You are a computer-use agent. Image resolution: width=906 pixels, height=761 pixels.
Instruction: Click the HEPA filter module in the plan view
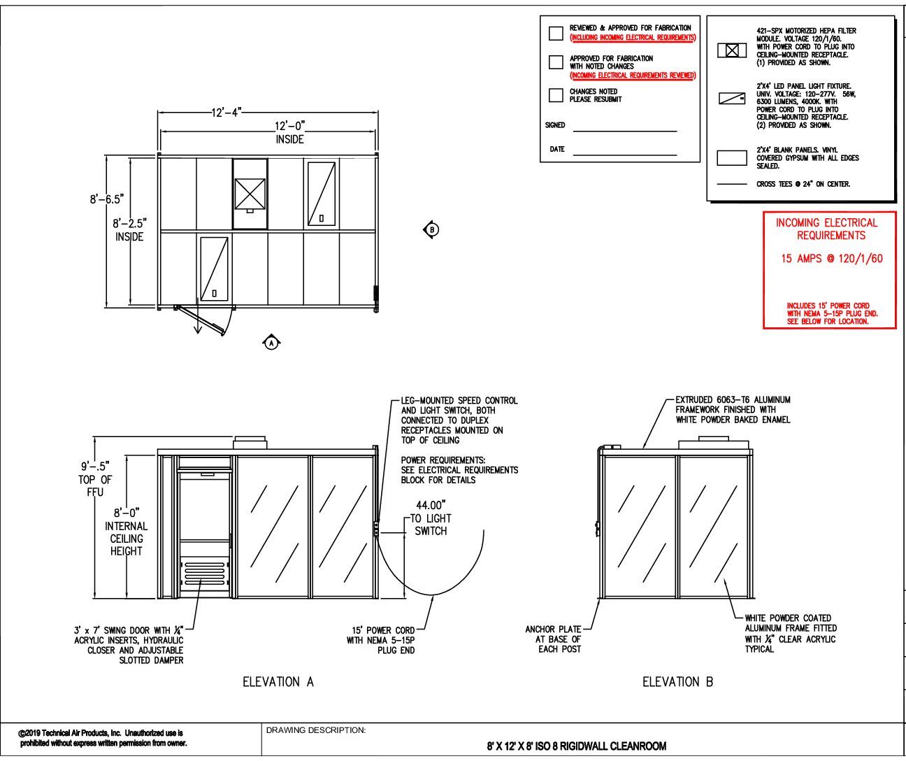click(250, 193)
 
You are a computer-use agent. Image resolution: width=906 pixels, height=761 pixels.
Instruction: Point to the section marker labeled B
click(432, 229)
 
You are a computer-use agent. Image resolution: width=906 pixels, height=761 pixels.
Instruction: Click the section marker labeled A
click(271, 342)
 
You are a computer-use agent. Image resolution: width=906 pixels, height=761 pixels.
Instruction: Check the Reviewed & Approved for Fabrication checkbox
click(556, 33)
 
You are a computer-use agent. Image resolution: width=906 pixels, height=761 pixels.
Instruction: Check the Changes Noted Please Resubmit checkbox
click(556, 95)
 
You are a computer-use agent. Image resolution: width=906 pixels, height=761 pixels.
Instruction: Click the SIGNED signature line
click(624, 130)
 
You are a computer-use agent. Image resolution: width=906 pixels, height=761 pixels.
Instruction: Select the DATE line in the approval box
click(624, 155)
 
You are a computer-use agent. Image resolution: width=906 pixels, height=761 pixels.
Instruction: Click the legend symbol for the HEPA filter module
click(732, 50)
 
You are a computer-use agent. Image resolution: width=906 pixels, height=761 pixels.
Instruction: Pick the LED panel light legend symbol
click(732, 99)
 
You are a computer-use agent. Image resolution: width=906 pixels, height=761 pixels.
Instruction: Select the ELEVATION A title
click(278, 681)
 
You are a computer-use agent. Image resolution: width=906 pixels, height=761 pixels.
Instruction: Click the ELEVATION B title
click(677, 681)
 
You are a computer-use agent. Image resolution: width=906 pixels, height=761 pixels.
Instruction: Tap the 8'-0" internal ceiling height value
click(127, 513)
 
